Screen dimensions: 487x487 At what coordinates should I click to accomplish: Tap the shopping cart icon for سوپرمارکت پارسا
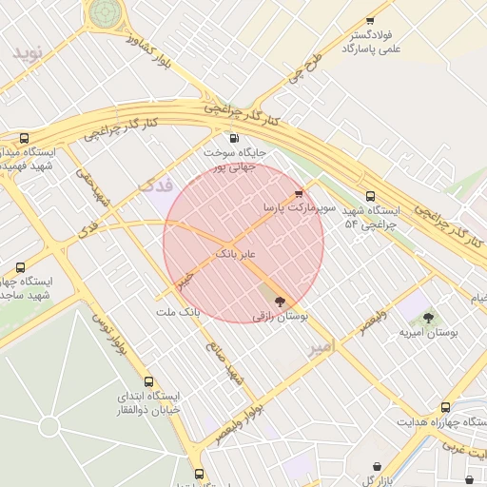pyautogui.click(x=301, y=192)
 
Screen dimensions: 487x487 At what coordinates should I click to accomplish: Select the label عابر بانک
pyautogui.click(x=237, y=254)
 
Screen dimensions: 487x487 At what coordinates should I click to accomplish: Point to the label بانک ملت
pyautogui.click(x=179, y=312)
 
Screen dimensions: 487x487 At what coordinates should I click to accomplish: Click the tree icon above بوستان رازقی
pyautogui.click(x=279, y=302)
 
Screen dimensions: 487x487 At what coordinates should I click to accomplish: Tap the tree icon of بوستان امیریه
pyautogui.click(x=428, y=318)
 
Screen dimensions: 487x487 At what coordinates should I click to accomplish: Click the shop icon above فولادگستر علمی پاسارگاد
pyautogui.click(x=370, y=20)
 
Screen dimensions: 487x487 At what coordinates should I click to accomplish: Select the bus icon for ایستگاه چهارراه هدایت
pyautogui.click(x=446, y=407)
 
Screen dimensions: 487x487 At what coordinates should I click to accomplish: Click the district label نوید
pyautogui.click(x=29, y=53)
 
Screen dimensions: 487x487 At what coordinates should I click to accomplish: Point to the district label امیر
pyautogui.click(x=321, y=348)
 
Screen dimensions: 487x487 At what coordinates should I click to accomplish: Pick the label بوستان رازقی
pyautogui.click(x=279, y=317)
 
